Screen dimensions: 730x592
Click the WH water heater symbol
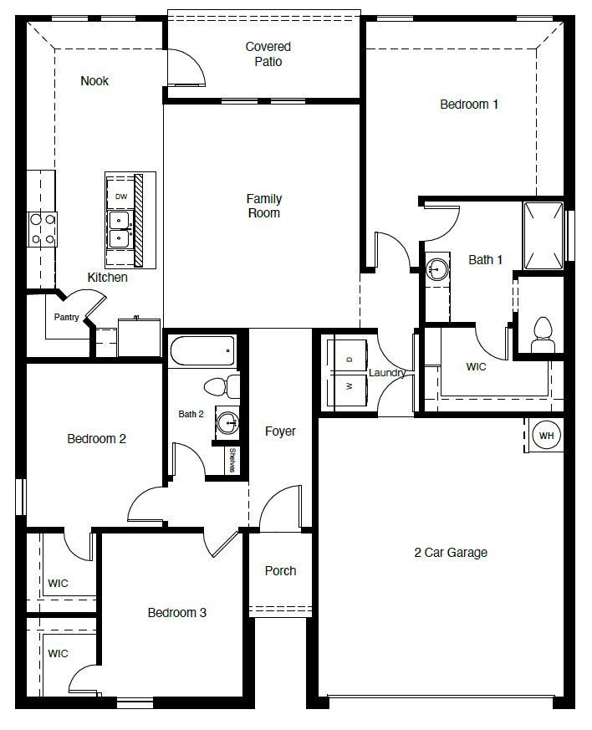coord(546,436)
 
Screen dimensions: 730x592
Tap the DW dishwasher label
coord(121,197)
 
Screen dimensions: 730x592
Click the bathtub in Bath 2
coord(203,350)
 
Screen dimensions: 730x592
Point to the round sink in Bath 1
coord(436,268)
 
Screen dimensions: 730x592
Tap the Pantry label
coord(67,317)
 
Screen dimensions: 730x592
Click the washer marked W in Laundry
coord(349,386)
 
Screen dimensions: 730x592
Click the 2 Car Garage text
coord(450,552)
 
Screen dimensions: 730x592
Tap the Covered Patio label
coord(268,54)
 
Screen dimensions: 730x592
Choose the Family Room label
coord(263,206)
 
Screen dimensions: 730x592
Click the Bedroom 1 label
coord(469,105)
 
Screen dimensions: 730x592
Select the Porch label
coord(280,570)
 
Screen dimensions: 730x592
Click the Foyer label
coord(280,431)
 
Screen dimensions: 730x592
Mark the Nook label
coord(94,81)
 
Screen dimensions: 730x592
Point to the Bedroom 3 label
coord(176,613)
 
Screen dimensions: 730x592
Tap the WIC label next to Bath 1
coord(476,366)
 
